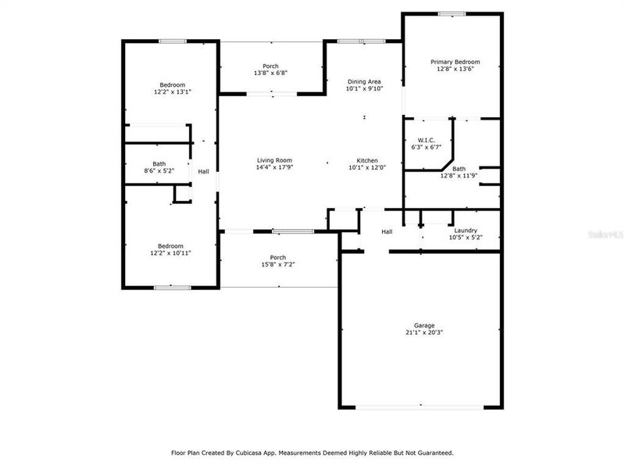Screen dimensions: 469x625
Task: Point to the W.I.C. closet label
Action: click(x=426, y=140)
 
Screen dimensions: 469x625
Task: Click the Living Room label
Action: click(x=274, y=160)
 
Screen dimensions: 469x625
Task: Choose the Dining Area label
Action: click(x=363, y=81)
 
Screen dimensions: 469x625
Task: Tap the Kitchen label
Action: click(x=368, y=160)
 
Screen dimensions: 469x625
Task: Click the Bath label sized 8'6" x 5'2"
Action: click(x=159, y=164)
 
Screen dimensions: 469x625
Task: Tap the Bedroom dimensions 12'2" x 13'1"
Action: click(x=173, y=91)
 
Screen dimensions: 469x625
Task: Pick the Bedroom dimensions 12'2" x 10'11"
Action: click(x=171, y=253)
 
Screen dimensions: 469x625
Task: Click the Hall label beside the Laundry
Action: click(x=387, y=232)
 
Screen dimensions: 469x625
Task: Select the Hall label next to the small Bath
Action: click(x=203, y=172)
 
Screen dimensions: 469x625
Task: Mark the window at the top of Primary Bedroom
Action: click(x=452, y=13)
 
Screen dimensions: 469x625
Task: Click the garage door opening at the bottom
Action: click(x=420, y=406)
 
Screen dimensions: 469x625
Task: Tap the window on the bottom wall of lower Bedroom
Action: click(x=173, y=288)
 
